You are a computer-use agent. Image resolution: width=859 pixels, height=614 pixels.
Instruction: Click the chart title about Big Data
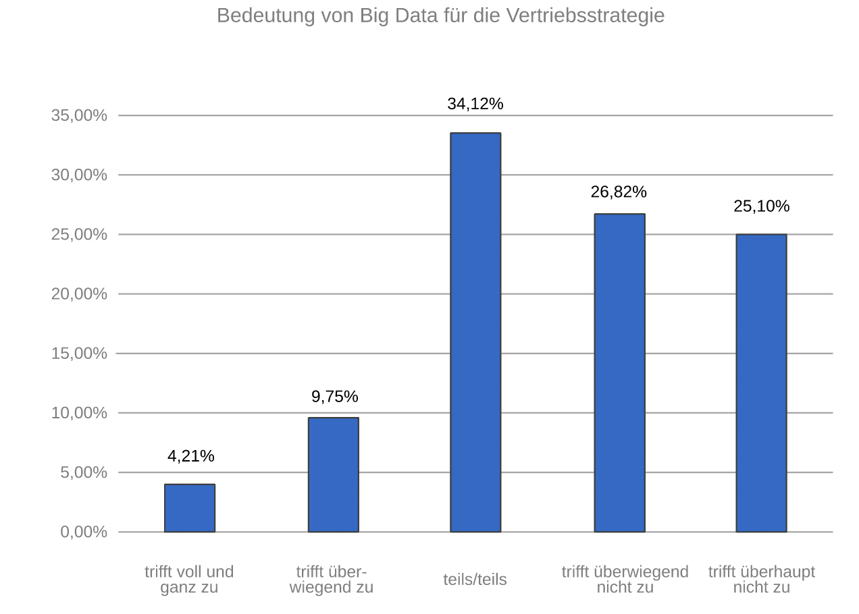[x=440, y=16]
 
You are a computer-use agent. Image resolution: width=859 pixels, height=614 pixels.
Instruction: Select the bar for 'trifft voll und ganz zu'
[x=190, y=508]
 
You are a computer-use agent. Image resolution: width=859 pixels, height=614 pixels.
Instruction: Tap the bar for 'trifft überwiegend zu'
[x=334, y=474]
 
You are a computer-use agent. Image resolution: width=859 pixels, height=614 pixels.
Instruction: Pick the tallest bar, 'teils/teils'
[x=476, y=332]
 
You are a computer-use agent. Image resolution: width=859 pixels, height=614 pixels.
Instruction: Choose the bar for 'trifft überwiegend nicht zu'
[x=619, y=372]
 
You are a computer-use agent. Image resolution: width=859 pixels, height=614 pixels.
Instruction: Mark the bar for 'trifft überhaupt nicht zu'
[x=761, y=383]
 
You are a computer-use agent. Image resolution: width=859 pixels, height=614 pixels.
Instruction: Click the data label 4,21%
[x=191, y=456]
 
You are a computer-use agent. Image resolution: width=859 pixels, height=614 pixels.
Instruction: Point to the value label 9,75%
[x=335, y=397]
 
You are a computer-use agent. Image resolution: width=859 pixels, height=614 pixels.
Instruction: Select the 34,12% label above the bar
[x=475, y=104]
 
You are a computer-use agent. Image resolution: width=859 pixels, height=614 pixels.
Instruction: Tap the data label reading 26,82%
[x=619, y=192]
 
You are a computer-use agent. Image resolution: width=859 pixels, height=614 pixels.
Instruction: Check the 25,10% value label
[x=761, y=206]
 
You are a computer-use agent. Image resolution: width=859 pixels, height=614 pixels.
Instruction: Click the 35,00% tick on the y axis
[x=79, y=115]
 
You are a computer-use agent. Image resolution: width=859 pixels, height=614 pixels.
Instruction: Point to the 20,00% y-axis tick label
[x=79, y=294]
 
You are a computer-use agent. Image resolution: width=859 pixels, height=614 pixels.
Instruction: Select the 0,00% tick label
[x=84, y=532]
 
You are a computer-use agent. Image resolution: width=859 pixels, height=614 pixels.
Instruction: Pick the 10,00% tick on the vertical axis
[x=79, y=413]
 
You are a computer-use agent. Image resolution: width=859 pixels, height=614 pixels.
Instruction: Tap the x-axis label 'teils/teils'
[x=475, y=580]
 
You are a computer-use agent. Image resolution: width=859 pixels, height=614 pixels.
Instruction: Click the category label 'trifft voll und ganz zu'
[x=189, y=580]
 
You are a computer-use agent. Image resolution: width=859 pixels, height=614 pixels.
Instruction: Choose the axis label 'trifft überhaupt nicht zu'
[x=761, y=580]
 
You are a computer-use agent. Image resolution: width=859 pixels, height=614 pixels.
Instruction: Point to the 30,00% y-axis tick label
[x=79, y=175]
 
